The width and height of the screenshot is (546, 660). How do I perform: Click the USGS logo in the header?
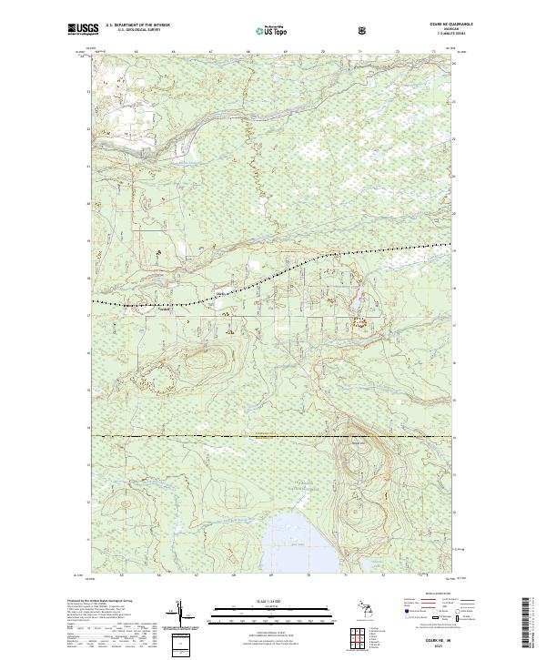[81, 30]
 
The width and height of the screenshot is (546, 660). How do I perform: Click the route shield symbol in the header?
[362, 30]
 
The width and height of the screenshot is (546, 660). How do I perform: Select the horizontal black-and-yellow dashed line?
[273, 437]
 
